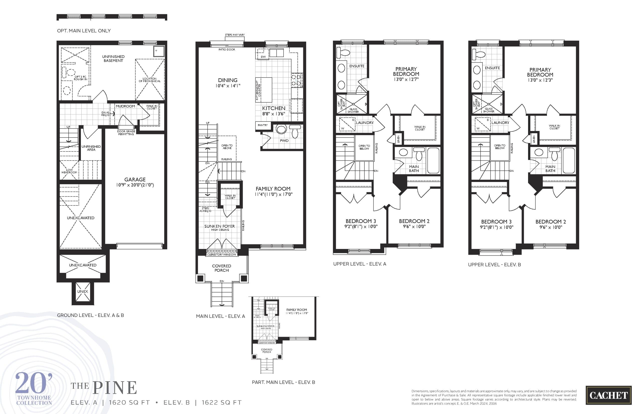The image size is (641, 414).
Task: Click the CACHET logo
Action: [x=608, y=395]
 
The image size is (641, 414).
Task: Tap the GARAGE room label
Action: [x=135, y=179]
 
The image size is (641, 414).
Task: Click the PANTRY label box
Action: [x=263, y=125]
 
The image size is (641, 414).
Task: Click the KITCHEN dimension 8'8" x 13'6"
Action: [x=273, y=114]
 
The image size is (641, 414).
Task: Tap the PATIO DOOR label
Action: [x=227, y=49]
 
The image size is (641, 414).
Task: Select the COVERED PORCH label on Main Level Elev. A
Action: [x=221, y=268]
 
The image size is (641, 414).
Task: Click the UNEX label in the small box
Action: [x=83, y=292]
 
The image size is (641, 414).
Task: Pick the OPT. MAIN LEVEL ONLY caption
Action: [x=84, y=31]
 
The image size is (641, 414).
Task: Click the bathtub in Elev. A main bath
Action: [x=433, y=160]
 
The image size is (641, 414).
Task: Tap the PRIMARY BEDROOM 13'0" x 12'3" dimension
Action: [x=540, y=80]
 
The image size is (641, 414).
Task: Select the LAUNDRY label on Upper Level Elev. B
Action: [x=500, y=123]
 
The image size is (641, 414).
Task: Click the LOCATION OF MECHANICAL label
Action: [x=149, y=80]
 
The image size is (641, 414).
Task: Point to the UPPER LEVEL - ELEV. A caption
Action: [x=360, y=264]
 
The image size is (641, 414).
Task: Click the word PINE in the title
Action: [x=115, y=388]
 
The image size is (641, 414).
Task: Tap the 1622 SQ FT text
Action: [x=222, y=403]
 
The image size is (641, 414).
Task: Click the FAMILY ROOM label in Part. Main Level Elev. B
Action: [x=296, y=310]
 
